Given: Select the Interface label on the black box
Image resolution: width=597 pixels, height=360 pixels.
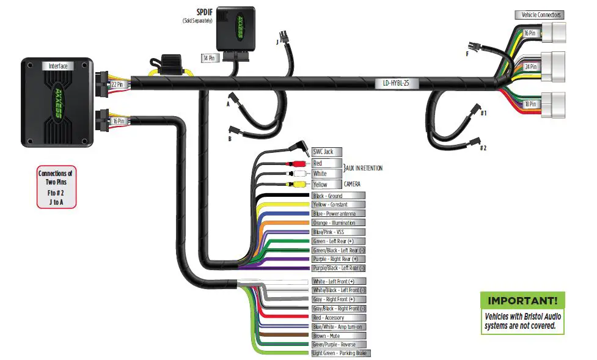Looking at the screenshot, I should click(x=58, y=65).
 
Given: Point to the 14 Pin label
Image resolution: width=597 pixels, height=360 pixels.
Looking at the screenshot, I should click(x=210, y=58).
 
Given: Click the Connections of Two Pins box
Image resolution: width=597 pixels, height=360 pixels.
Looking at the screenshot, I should click(x=56, y=188).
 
